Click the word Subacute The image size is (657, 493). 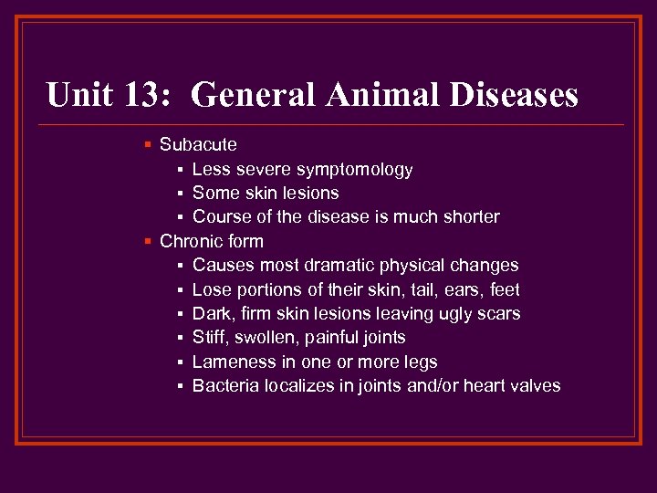pos(198,144)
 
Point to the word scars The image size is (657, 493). pos(498,313)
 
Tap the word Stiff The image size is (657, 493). pos(211,338)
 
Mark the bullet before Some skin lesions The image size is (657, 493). pos(181,193)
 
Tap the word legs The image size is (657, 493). pos(420,362)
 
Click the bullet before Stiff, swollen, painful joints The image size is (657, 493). pos(181,338)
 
